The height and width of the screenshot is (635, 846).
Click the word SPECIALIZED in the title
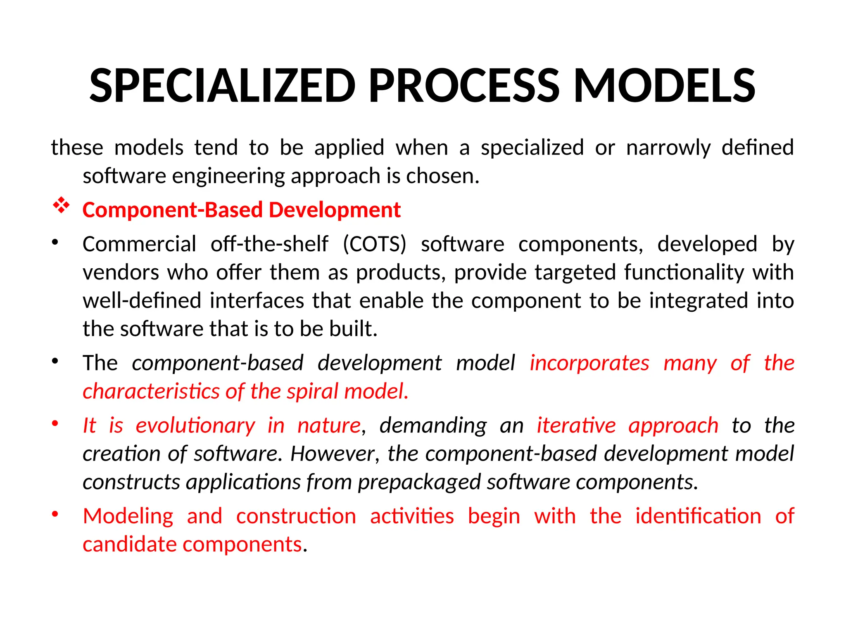(x=222, y=86)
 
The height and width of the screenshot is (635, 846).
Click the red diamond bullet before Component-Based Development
(x=61, y=205)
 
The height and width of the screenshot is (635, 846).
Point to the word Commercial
(x=139, y=244)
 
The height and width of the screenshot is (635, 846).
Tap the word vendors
(x=121, y=273)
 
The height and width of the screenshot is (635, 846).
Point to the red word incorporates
(x=589, y=363)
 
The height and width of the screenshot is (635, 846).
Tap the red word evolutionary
(x=195, y=426)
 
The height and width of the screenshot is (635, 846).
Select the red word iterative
(x=576, y=426)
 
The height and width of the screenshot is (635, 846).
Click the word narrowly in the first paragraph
(x=668, y=148)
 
